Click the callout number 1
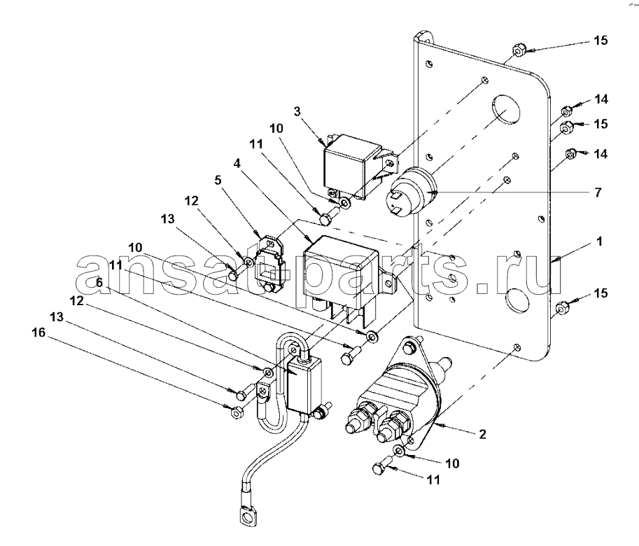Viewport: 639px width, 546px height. point(599,241)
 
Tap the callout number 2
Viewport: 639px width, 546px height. point(482,435)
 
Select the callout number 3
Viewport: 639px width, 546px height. point(297,111)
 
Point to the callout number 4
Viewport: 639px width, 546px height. point(237,164)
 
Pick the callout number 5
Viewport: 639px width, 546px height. point(218,180)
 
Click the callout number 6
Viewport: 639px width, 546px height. point(99,282)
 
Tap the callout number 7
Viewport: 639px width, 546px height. point(598,192)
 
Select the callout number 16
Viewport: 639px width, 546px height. point(38,332)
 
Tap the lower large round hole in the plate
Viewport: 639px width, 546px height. point(517,302)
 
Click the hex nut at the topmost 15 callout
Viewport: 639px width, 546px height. point(517,50)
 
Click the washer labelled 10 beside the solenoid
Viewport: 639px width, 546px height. point(400,450)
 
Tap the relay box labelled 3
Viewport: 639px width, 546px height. point(353,167)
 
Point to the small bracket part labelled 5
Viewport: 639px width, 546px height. point(269,264)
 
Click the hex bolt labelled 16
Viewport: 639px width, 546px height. point(237,412)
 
